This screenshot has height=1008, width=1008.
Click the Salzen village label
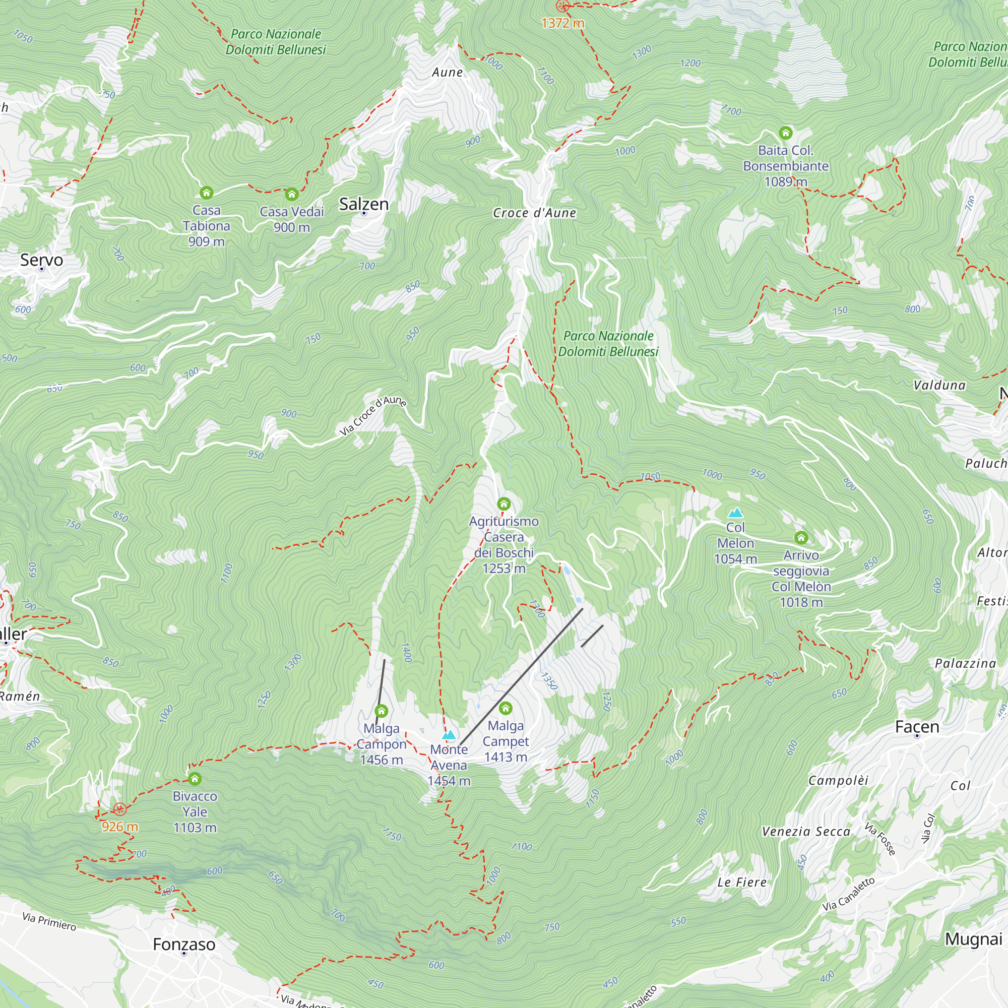(364, 204)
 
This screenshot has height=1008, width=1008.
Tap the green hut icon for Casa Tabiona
(207, 193)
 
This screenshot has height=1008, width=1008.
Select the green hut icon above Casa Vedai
(292, 195)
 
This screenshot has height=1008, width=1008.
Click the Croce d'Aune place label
(534, 213)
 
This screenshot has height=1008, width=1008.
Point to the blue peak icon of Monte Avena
(449, 736)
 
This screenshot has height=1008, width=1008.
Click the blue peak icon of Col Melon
(735, 513)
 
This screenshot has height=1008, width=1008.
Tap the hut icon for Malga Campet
(506, 709)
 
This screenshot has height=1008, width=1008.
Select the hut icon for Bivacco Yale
(195, 779)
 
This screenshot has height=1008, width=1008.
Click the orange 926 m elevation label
(119, 827)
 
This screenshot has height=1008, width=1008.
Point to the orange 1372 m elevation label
(562, 23)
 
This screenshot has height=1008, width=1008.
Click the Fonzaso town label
(183, 944)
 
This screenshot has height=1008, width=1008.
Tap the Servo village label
(42, 260)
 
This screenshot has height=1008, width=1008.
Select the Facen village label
(917, 727)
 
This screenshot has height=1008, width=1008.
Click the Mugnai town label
(974, 939)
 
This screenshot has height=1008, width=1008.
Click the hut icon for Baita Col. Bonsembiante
(785, 133)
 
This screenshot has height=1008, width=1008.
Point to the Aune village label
(447, 72)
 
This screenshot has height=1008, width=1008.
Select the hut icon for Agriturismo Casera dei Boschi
(503, 504)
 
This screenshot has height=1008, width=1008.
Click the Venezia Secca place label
(805, 832)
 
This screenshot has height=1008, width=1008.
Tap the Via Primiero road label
(49, 922)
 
